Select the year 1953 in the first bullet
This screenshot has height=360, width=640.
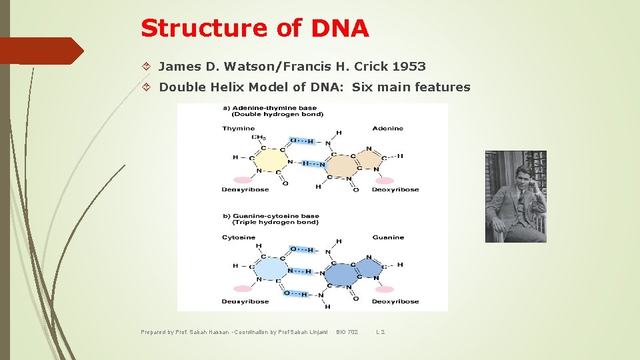coord(409,67)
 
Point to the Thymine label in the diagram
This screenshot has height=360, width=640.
coord(238,129)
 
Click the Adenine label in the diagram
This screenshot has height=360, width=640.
coord(387,129)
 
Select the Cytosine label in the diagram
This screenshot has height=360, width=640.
coord(239,237)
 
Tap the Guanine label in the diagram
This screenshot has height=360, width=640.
coord(388,237)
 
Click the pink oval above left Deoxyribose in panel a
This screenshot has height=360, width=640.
coord(243,179)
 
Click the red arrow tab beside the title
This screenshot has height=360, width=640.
coord(41,51)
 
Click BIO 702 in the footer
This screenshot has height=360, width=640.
coord(347,332)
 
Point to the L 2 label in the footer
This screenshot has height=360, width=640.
coord(380,332)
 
